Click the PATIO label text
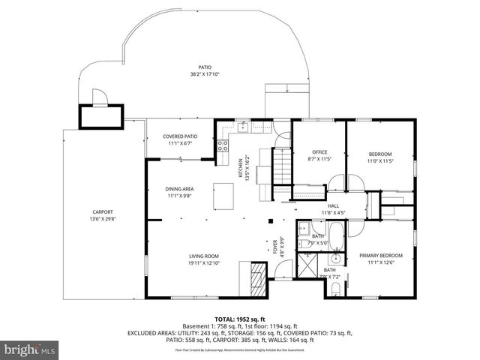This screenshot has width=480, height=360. [204, 66]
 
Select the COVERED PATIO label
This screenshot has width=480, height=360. [180, 136]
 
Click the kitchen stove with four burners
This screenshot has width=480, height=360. [223, 147]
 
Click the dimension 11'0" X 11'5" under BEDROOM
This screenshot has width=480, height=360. [380, 160]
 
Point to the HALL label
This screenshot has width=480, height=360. [333, 205]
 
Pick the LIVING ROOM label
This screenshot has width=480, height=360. [203, 256]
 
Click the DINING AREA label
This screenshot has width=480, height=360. [180, 188]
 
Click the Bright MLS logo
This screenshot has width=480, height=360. [30, 349]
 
